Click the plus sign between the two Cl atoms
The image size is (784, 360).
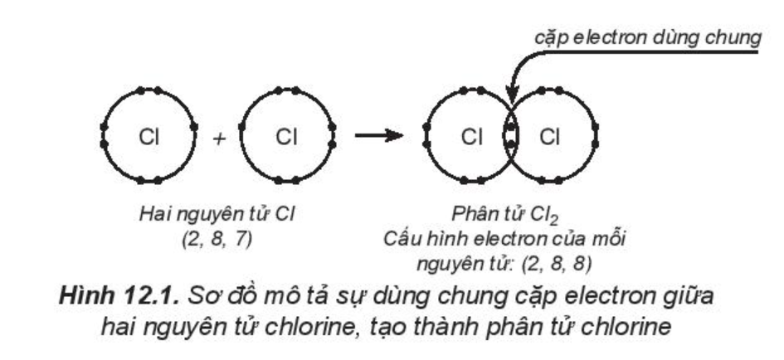pyautogui.click(x=219, y=139)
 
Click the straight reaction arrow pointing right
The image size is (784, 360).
pyautogui.click(x=378, y=135)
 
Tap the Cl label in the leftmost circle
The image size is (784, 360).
pyautogui.click(x=149, y=137)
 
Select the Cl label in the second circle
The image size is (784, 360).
pyautogui.click(x=286, y=137)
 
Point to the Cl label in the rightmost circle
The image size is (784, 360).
pyautogui.click(x=549, y=137)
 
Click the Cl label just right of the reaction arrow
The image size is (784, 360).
pyautogui.click(x=471, y=137)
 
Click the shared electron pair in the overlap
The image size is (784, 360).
pyautogui.click(x=510, y=136)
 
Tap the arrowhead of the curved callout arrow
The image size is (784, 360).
pyautogui.click(x=512, y=95)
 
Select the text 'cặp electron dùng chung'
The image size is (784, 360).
pyautogui.click(x=648, y=38)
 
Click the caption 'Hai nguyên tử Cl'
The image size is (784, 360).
pyautogui.click(x=217, y=215)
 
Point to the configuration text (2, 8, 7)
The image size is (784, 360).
pyautogui.click(x=217, y=240)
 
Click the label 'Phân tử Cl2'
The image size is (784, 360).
pyautogui.click(x=504, y=216)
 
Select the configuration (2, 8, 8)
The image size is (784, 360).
pyautogui.click(x=557, y=264)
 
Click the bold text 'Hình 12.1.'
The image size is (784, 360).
pyautogui.click(x=119, y=296)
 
